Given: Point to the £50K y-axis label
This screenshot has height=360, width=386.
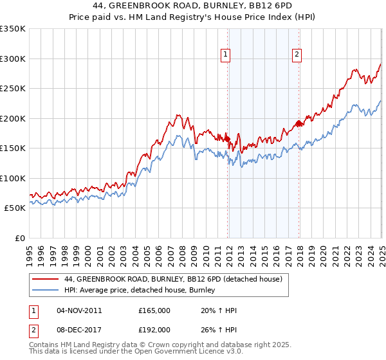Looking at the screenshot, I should click(14, 208).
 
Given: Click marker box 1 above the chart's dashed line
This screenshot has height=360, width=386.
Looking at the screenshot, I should click(226, 56).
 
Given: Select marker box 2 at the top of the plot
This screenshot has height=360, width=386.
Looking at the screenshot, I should click(297, 56).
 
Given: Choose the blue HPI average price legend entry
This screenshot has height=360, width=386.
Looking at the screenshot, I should click(139, 291).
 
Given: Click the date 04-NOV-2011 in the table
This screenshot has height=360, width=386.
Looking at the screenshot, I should click(79, 310).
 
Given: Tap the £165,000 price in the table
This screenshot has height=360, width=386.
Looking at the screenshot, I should click(154, 310).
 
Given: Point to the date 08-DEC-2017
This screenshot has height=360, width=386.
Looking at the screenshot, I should click(79, 330).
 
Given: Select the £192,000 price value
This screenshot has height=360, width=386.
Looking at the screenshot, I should click(154, 330).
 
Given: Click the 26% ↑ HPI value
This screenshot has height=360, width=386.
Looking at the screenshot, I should click(219, 330).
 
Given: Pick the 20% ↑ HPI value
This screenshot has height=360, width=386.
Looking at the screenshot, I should click(219, 310).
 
